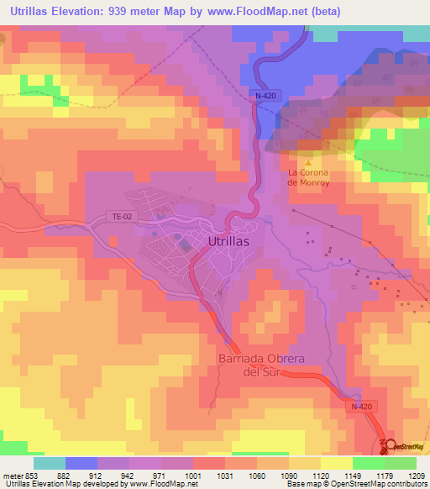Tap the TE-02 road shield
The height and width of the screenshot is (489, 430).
(x=123, y=217)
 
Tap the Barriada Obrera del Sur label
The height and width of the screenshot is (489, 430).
(x=261, y=365)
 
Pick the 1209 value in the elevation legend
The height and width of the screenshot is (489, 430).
(x=417, y=475)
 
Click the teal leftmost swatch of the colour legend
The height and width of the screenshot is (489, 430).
(x=49, y=463)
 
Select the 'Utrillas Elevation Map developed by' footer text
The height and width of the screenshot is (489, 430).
(x=63, y=484)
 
